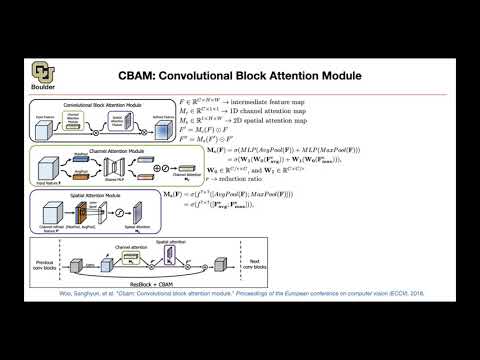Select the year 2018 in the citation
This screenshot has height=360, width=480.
pyautogui.click(x=398, y=296)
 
